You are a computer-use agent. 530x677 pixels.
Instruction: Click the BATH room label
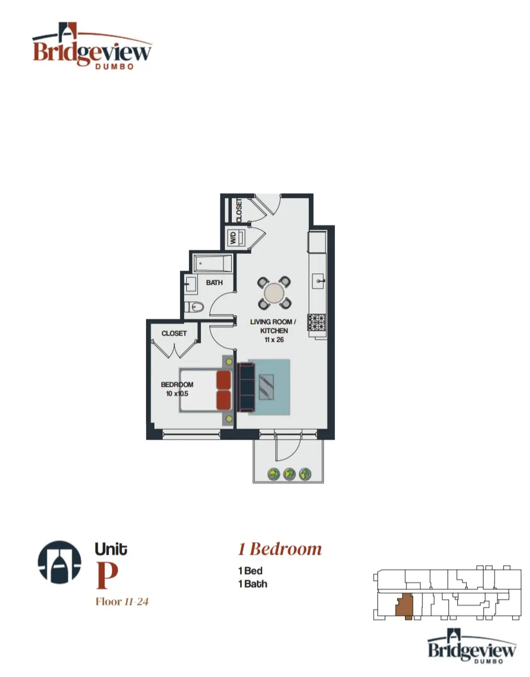coord(214,283)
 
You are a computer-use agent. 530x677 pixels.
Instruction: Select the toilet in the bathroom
coord(194,307)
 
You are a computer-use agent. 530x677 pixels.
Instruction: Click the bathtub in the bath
coord(212,263)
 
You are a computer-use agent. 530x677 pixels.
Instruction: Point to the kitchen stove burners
coord(316,322)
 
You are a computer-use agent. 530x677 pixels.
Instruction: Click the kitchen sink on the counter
coord(319,281)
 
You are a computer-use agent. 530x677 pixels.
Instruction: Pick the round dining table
coord(274,293)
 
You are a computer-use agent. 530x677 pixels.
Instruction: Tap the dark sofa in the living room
coord(245,387)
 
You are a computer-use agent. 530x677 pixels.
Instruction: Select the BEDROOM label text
coord(177,385)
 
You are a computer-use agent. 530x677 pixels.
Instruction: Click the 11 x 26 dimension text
coord(274,340)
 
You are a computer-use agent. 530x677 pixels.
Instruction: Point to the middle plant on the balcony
coord(289,474)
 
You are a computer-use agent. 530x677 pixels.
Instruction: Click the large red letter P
coord(107,575)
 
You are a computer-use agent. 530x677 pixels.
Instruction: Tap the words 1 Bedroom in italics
coord(279,549)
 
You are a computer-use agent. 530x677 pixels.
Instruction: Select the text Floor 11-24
coord(122,602)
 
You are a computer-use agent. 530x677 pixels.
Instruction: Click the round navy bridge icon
coord(60,562)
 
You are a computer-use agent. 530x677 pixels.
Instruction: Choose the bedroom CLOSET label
coord(174,333)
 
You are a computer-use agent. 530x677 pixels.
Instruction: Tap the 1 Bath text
coord(252,584)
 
